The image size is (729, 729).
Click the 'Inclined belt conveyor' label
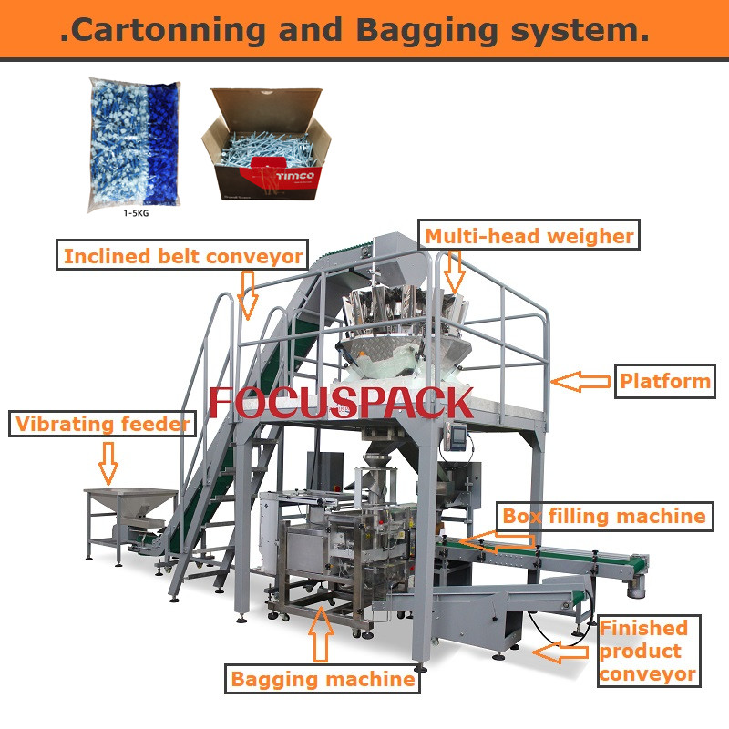click(182, 256)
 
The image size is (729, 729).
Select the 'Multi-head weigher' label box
click(529, 236)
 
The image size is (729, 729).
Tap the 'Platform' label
click(664, 381)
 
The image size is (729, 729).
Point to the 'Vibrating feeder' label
click(103, 424)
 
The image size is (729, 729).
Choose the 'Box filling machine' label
click(603, 517)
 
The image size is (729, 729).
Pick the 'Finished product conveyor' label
click(647, 652)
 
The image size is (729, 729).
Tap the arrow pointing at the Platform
click(580, 381)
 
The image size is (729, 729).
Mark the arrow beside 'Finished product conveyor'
click(560, 652)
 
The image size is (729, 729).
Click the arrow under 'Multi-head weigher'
click(454, 271)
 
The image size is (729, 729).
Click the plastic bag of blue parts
click(135, 142)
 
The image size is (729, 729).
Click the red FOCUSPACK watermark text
click(342, 403)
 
